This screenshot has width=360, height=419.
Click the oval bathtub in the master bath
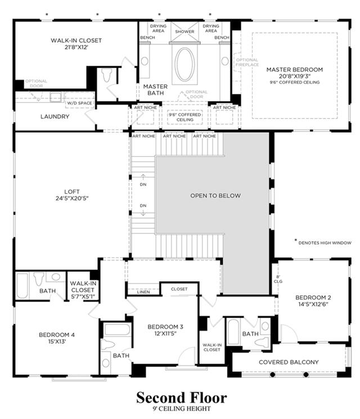184,64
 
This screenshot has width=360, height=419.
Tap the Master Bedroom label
295,70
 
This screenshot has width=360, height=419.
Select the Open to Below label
215,196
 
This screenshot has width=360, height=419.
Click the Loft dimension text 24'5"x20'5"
72,199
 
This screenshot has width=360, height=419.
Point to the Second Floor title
182,398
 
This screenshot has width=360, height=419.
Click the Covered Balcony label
289,362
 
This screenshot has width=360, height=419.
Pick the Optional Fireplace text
247,62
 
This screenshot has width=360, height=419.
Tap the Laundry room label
55,116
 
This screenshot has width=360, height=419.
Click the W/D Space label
79,103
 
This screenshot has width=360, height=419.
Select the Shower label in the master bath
184,31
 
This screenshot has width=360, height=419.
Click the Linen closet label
143,292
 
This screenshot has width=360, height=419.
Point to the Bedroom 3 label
165,327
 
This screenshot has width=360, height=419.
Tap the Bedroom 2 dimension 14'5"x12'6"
313,304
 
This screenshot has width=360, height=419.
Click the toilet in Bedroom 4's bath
39,279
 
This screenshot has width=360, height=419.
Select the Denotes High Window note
325,243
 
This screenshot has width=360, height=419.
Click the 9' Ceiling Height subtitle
182,408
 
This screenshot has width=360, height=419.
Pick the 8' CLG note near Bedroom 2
278,280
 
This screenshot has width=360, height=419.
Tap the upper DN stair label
143,184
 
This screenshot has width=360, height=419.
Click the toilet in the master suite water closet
107,75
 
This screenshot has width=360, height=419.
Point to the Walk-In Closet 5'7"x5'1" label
83,290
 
